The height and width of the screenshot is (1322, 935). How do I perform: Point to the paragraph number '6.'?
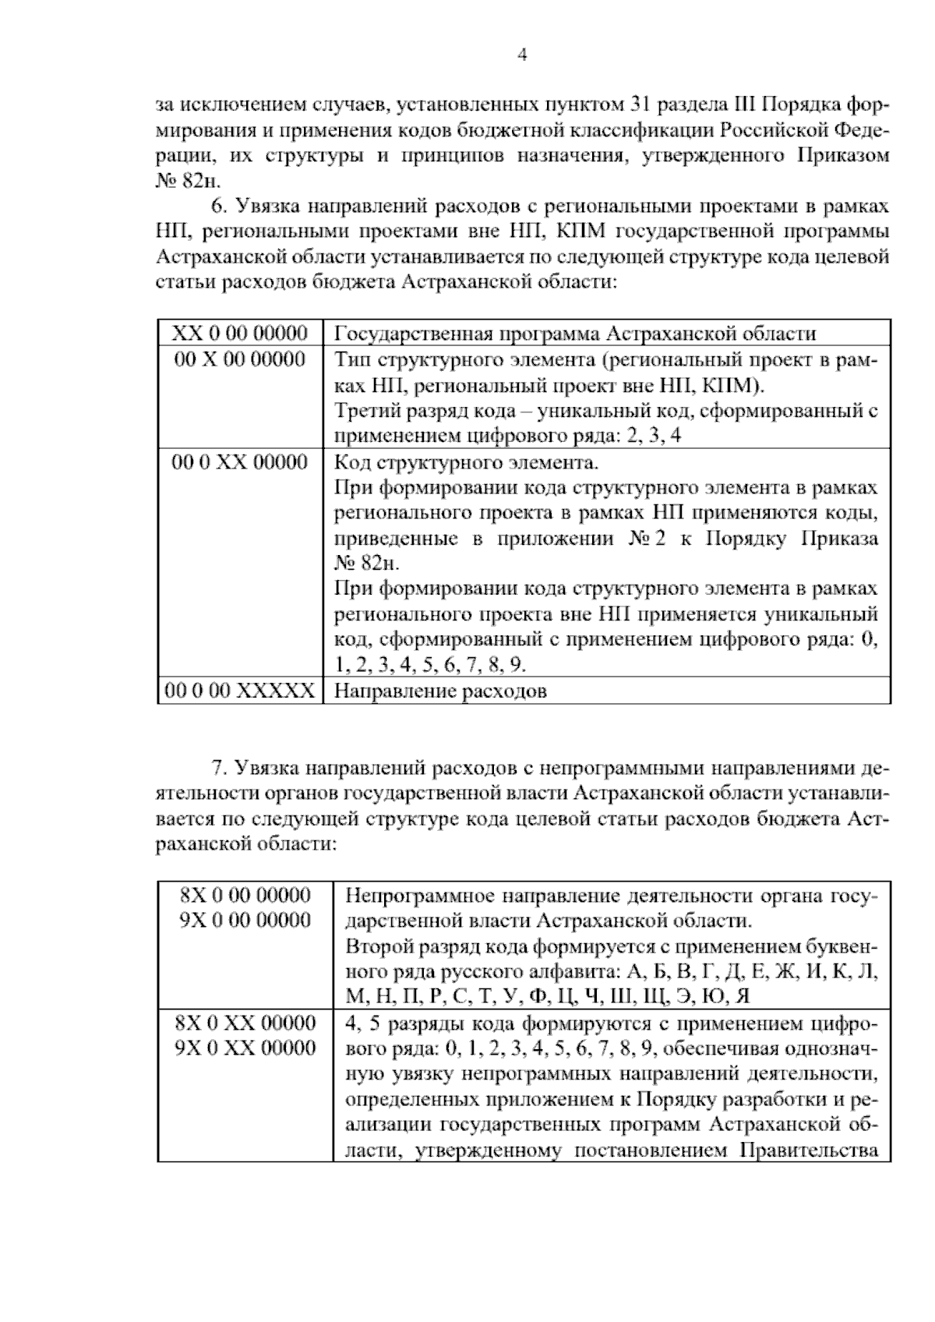tap(218, 207)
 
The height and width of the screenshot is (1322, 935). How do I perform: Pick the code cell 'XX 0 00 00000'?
tap(240, 334)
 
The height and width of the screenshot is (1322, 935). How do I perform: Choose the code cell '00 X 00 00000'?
tap(240, 359)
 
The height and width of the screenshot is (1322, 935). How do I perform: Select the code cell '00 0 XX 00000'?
tap(240, 462)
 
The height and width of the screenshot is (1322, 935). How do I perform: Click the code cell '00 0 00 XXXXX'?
tap(240, 691)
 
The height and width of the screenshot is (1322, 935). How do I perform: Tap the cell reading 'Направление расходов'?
tap(440, 691)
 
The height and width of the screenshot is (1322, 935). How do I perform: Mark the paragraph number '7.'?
tap(218, 768)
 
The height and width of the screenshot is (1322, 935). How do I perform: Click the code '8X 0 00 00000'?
tap(245, 895)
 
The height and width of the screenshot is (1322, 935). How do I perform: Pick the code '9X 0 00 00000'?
tap(245, 921)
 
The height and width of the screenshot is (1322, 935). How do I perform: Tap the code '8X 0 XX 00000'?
tap(245, 1022)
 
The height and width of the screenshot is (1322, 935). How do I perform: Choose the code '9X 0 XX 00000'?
tap(245, 1048)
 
